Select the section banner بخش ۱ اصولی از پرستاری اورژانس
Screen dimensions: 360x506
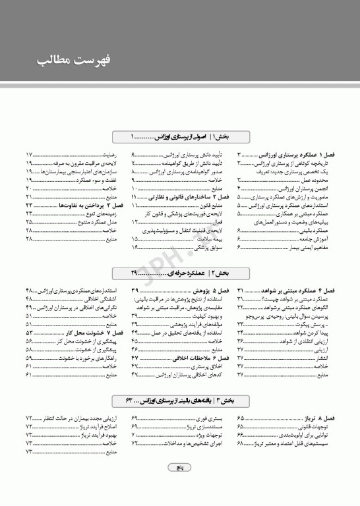[x=179, y=137]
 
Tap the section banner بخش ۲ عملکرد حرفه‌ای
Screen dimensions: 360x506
[x=179, y=273]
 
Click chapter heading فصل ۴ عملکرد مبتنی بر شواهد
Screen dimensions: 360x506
[x=299, y=291]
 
